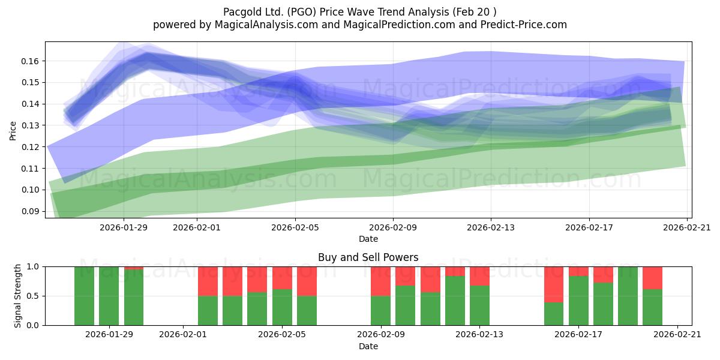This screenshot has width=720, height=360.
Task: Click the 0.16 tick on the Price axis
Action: pos(30,61)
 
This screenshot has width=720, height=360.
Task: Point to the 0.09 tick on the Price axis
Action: pos(30,211)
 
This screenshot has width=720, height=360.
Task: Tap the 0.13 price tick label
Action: pos(30,125)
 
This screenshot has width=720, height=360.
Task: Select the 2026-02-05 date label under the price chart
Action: pos(295,227)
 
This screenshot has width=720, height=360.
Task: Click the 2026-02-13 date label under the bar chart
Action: pos(479,334)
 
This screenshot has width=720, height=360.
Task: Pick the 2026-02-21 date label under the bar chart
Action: pos(677,334)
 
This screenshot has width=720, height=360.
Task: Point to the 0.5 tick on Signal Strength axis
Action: pos(32,296)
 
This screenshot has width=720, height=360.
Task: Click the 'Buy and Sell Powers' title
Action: pos(368,257)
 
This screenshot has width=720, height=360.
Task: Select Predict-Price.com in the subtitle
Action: pos(524,25)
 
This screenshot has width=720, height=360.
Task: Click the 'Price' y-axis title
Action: pos(13,131)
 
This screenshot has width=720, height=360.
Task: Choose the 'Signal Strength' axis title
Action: pos(17,296)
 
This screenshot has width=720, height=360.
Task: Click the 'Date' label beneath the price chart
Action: pos(368,239)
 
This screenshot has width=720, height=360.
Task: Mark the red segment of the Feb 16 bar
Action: pos(554,284)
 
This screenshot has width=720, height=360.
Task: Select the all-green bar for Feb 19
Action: pos(628,296)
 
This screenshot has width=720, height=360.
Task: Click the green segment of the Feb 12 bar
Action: pos(455,301)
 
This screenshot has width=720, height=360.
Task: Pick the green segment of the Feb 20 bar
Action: pos(653,307)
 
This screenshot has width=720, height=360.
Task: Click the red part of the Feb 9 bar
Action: pos(380,281)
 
